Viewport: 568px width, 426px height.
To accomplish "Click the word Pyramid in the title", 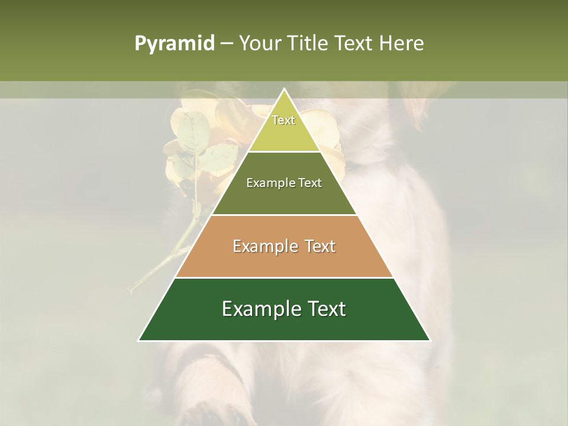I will coord(174,44).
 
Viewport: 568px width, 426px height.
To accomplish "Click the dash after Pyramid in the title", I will coord(226,44).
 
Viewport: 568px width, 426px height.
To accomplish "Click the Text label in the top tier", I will coord(283,120).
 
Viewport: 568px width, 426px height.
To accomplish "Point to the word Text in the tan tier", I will coord(319,246).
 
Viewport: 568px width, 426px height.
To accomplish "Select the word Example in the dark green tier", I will coord(259,309).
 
